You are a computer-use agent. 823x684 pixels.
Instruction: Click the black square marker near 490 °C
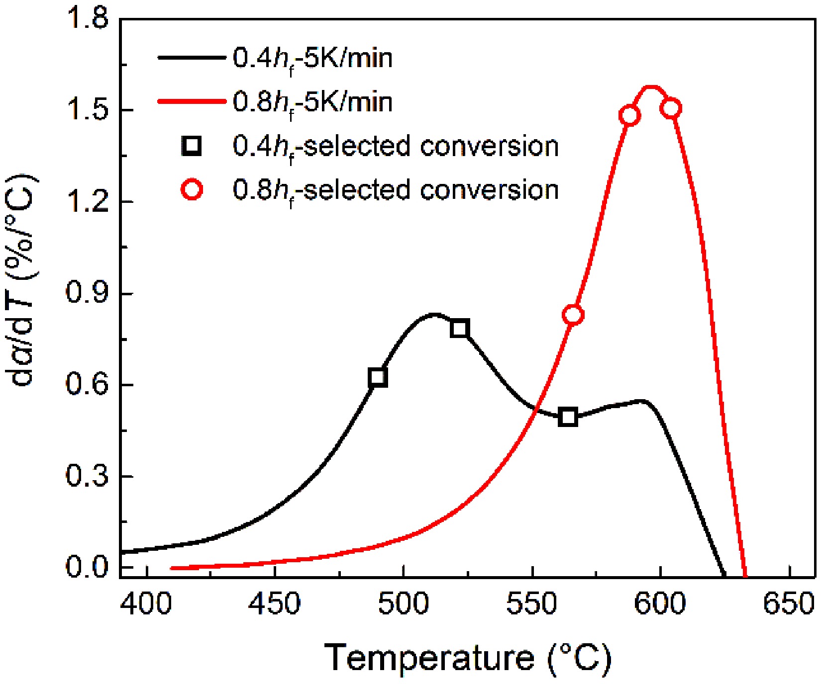[378, 377]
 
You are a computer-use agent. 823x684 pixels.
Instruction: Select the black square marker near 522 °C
[460, 329]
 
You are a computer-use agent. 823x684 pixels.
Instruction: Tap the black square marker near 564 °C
[568, 417]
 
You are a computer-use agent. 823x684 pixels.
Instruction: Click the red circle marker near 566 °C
[573, 315]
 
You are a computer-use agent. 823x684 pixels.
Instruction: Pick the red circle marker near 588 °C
[629, 115]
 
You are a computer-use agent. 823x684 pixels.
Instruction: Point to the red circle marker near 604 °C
[671, 108]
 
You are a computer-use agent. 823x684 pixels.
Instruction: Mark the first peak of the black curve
[434, 314]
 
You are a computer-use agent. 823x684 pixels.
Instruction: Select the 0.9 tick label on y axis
[87, 293]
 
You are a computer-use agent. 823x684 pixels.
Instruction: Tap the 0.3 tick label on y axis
[87, 476]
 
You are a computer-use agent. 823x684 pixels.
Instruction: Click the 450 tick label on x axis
[275, 604]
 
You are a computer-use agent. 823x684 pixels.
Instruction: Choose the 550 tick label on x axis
[532, 604]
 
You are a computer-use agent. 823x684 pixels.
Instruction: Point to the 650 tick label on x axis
[788, 604]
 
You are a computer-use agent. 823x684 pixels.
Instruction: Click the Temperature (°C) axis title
[468, 659]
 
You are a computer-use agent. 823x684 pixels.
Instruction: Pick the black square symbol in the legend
[192, 146]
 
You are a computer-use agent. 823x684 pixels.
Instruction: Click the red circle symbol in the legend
[192, 190]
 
